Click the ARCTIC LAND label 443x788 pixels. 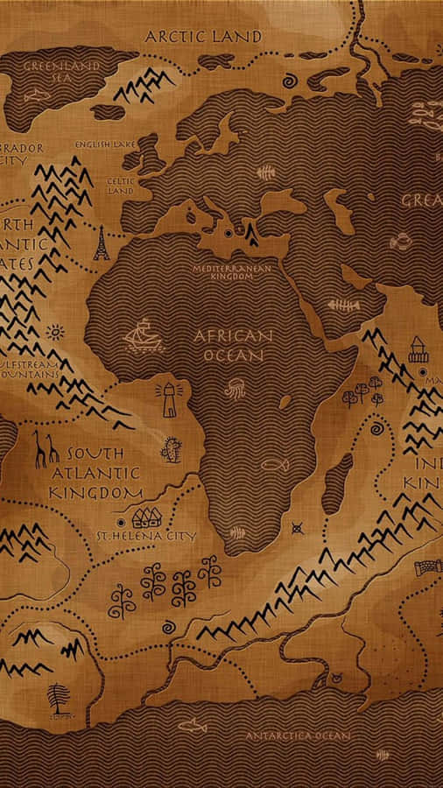pyautogui.click(x=202, y=37)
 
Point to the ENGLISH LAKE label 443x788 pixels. pyautogui.click(x=104, y=144)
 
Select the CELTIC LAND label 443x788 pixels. pyautogui.click(x=119, y=186)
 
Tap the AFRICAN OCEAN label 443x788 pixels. pyautogui.click(x=233, y=346)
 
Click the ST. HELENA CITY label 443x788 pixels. pyautogui.click(x=146, y=535)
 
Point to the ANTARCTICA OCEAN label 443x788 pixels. pyautogui.click(x=297, y=735)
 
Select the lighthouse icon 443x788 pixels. pyautogui.click(x=166, y=399)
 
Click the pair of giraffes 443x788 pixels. pyautogui.click(x=46, y=447)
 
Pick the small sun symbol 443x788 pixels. pyautogui.click(x=55, y=332)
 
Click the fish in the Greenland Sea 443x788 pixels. pyautogui.click(x=38, y=95)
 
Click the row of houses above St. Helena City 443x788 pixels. pyautogui.click(x=146, y=516)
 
